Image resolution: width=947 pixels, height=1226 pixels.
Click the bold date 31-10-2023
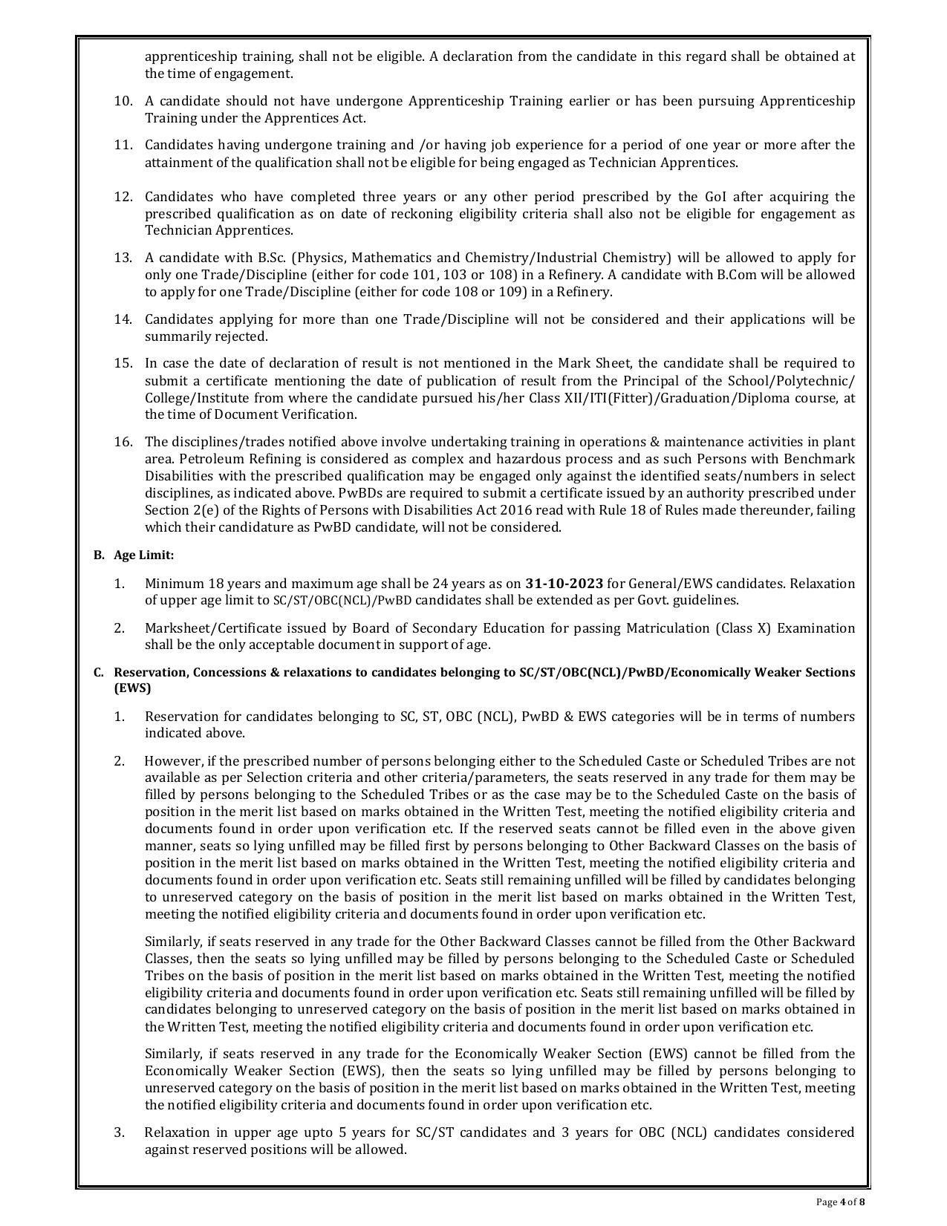(564, 583)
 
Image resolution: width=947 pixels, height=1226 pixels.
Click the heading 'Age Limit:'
(143, 555)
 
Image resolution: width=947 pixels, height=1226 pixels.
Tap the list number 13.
(123, 258)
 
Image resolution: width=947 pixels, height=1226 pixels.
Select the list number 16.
(123, 442)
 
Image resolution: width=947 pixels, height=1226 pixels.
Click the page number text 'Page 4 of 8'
(841, 1201)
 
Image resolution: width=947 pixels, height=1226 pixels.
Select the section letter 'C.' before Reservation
(98, 672)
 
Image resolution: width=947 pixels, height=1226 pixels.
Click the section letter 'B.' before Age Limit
(98, 555)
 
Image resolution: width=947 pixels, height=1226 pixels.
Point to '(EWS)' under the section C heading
(132, 688)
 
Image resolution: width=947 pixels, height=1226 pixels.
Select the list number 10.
(123, 101)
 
